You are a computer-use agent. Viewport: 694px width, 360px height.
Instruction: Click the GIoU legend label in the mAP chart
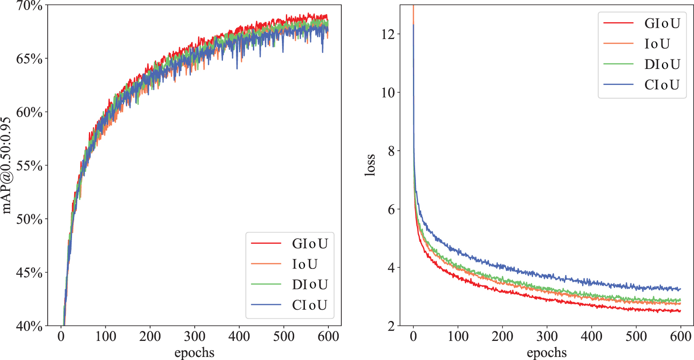pos(310,244)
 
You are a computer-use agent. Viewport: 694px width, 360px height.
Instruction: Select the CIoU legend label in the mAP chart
pos(310,305)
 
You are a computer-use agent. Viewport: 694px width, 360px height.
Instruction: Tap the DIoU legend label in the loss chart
pos(662,64)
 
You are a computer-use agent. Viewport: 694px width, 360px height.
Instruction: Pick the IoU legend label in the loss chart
pos(657,44)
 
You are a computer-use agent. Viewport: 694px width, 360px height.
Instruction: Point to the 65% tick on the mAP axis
pos(29,59)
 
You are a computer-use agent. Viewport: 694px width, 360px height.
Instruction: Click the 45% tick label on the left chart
pos(29,273)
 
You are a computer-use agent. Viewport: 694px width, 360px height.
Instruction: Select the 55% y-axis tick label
pos(29,166)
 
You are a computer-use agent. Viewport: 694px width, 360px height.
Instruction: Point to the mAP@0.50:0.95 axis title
pos(6,165)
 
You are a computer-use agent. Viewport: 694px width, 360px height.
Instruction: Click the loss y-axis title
pos(370,165)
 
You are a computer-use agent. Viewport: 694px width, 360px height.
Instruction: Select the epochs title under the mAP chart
pos(194,353)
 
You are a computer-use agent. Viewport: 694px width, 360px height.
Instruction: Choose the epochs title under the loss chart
pos(547,353)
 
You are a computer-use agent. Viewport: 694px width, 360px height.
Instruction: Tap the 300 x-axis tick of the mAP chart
pos(194,336)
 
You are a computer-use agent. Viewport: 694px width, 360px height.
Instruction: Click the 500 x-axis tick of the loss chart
pos(636,336)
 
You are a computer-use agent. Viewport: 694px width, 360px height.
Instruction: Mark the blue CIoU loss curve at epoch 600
pos(680,289)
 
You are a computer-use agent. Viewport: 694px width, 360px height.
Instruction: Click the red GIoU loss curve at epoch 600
pos(680,311)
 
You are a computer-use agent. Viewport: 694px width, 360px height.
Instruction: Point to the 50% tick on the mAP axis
pos(29,219)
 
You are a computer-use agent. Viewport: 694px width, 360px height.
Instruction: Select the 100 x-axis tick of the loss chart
pos(458,336)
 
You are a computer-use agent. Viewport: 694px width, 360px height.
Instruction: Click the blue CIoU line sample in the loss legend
pos(619,85)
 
